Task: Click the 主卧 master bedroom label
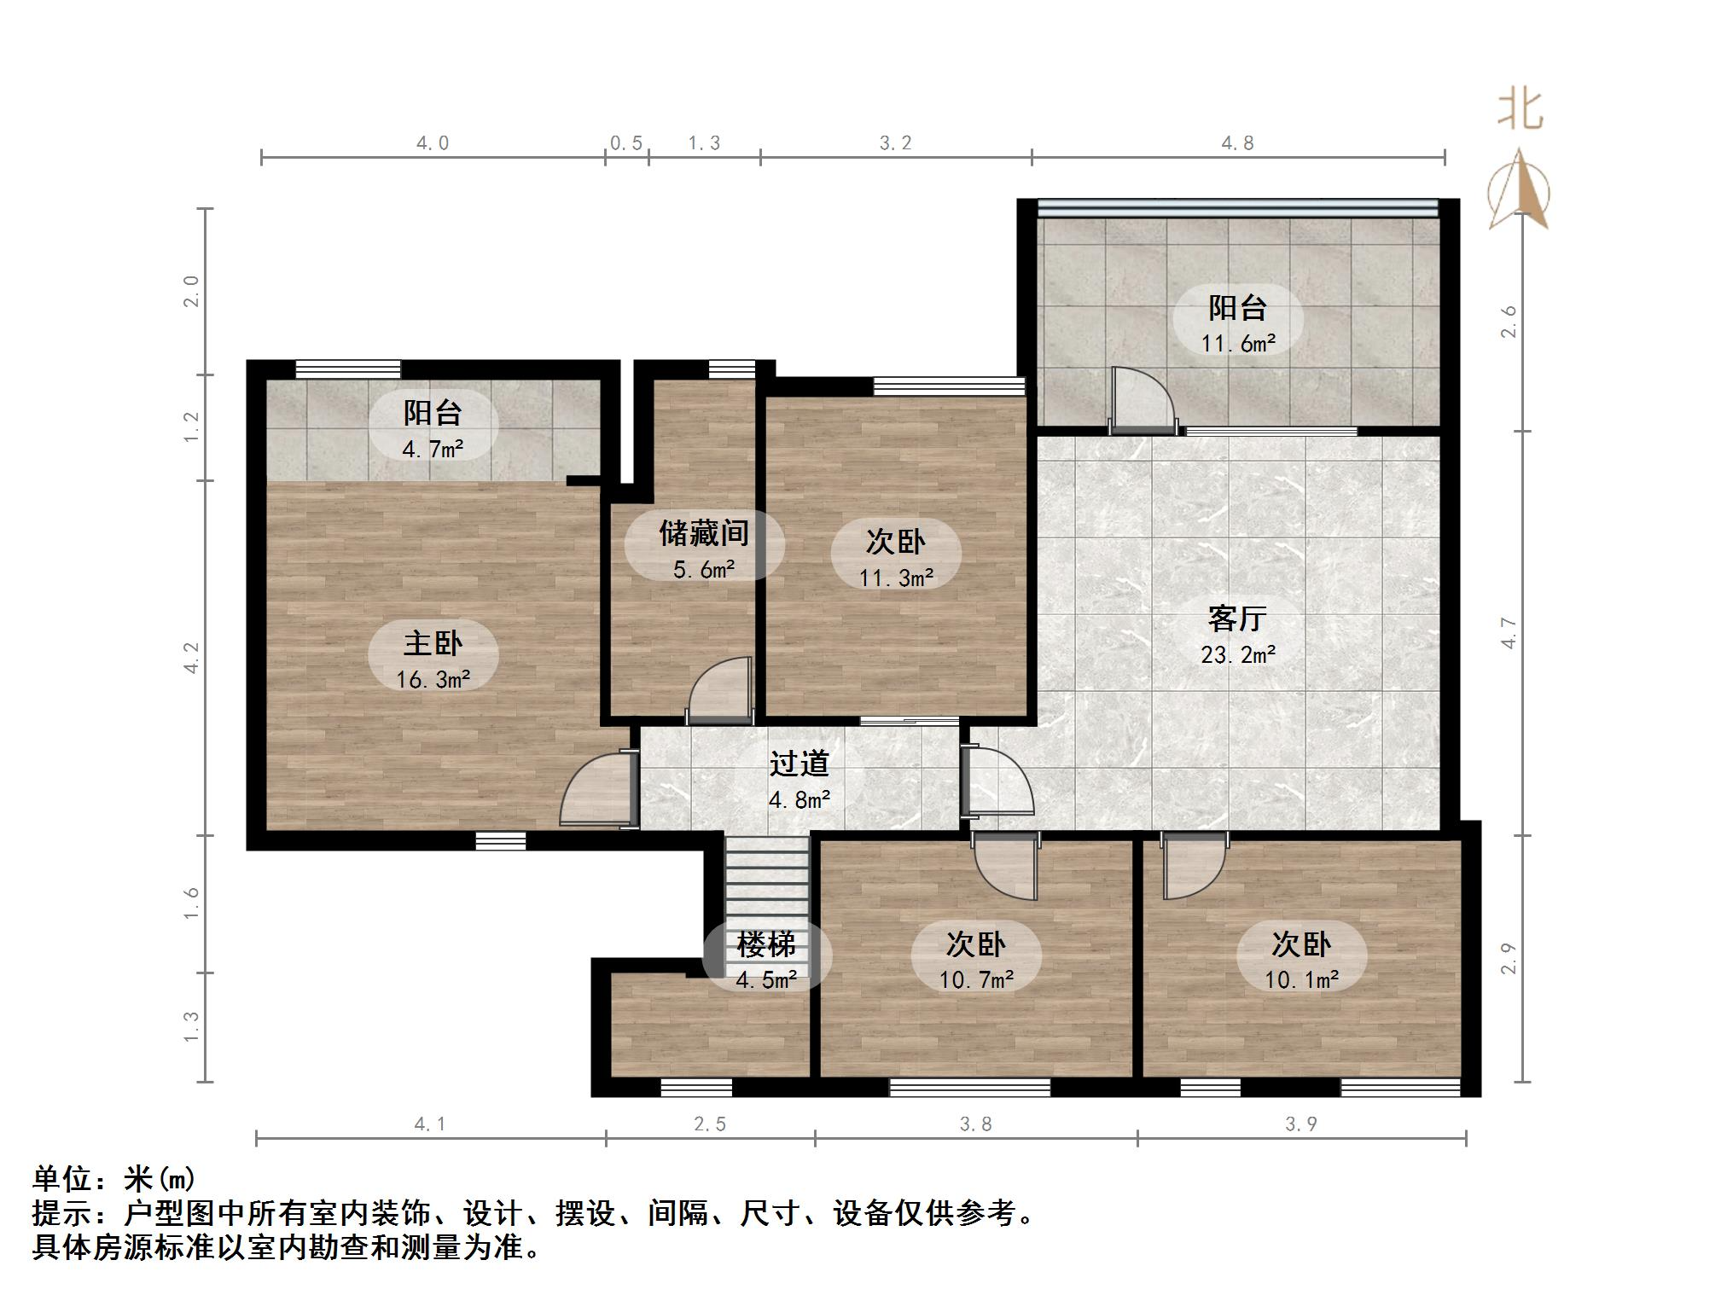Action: tap(433, 642)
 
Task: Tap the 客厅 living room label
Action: tap(1237, 618)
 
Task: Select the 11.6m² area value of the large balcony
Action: tap(1238, 344)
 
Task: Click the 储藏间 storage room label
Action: tap(704, 533)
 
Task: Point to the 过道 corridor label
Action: tap(800, 764)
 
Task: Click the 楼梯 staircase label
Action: tap(766, 944)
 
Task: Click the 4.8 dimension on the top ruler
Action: tap(1237, 143)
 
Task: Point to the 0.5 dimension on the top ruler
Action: tap(626, 143)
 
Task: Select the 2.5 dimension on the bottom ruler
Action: tap(710, 1124)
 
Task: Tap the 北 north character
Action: tap(1520, 111)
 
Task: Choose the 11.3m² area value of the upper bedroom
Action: tap(896, 578)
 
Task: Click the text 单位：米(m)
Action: tap(114, 1179)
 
